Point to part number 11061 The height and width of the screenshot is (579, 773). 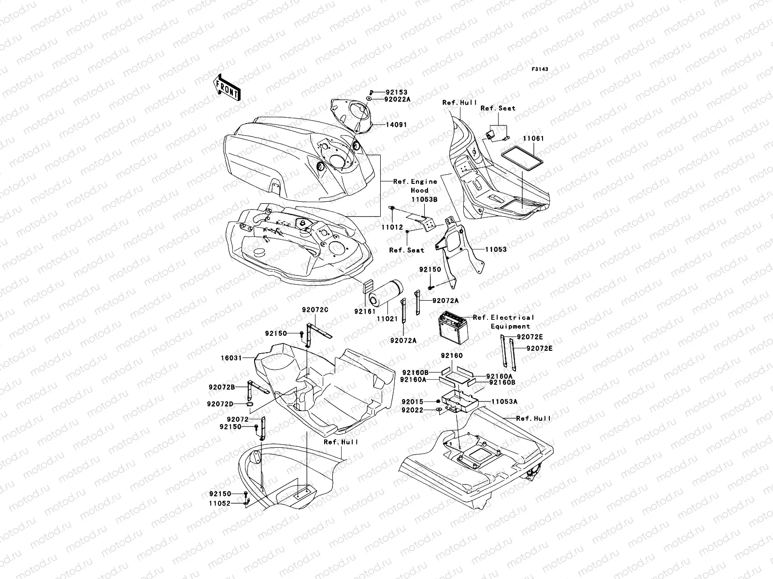(533, 138)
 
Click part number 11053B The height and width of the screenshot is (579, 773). (425, 199)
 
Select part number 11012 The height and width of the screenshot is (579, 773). (392, 227)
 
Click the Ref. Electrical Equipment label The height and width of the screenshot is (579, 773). (503, 322)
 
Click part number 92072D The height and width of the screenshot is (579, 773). (221, 403)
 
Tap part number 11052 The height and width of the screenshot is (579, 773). (220, 503)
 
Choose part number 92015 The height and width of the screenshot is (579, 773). (412, 401)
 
